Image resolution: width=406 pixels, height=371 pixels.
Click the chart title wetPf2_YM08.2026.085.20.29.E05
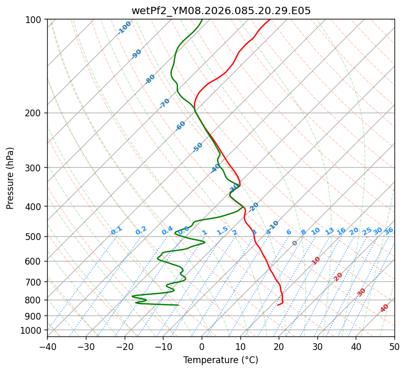tap(221, 10)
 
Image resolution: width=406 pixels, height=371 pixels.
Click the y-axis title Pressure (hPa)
tap(10, 178)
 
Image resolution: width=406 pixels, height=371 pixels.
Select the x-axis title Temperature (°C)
tap(221, 361)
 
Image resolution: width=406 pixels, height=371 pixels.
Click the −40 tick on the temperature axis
tap(47, 347)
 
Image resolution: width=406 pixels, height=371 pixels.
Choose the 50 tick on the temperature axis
tap(394, 347)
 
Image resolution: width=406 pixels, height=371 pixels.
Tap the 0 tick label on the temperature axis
tap(202, 347)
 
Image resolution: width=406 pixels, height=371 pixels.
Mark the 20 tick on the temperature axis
tap(279, 347)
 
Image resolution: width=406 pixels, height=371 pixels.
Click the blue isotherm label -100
tap(124, 28)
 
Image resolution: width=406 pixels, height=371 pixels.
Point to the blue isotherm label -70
tap(164, 103)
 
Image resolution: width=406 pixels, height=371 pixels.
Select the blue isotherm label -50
tap(197, 147)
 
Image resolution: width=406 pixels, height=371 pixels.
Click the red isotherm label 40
tap(385, 308)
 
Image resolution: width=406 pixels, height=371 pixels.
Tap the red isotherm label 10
tap(316, 260)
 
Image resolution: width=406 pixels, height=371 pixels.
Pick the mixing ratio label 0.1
tap(116, 230)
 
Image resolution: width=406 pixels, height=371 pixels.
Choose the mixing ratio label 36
tap(389, 231)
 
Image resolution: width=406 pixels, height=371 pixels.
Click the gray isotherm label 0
tap(295, 243)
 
